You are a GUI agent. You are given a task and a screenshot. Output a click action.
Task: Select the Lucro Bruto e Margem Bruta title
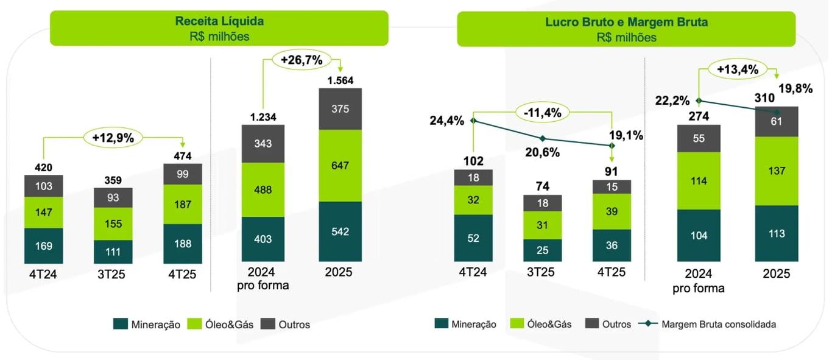626,23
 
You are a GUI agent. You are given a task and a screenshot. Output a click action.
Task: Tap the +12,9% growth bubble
113,137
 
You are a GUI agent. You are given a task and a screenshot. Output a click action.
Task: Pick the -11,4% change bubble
542,113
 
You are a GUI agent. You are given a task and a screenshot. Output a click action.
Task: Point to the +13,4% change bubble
738,69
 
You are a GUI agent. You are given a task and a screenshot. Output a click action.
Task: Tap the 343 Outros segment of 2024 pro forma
264,144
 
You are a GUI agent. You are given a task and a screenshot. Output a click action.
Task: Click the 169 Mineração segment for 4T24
44,246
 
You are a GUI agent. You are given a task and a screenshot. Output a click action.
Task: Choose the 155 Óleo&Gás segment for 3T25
113,224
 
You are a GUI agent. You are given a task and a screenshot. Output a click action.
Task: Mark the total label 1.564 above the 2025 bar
340,80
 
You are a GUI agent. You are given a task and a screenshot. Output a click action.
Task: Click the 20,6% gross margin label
542,152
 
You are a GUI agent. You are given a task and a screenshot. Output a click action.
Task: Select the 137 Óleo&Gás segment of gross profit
776,171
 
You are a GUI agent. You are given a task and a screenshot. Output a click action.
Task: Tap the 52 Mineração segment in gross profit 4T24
473,238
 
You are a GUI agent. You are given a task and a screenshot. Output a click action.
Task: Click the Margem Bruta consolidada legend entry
710,324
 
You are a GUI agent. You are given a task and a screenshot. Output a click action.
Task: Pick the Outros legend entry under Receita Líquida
286,325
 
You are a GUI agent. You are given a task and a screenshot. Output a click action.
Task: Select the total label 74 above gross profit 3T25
542,187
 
